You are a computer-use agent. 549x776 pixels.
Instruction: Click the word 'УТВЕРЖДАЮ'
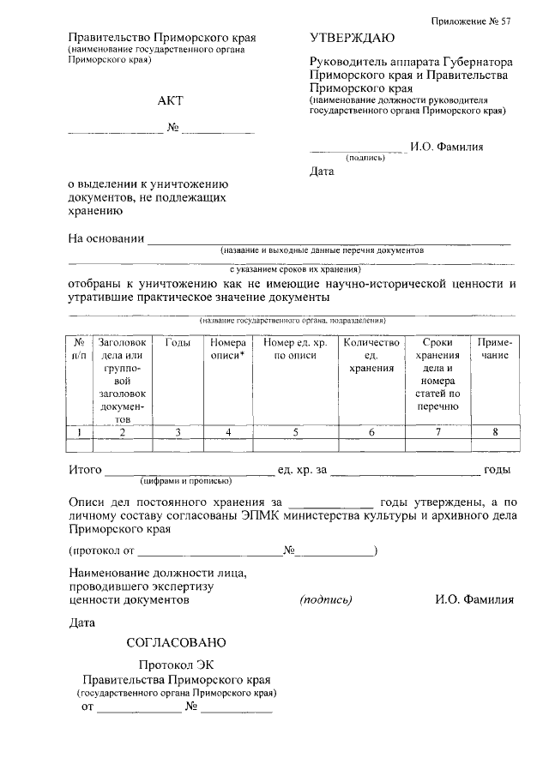352,39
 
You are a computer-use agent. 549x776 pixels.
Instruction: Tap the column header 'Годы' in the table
178,343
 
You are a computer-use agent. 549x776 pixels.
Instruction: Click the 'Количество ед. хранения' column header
371,355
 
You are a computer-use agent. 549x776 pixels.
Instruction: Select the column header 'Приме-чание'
495,349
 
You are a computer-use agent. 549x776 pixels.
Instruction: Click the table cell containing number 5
294,432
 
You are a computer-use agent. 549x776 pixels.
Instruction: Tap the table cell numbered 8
495,432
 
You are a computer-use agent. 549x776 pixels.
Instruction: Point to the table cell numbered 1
79,432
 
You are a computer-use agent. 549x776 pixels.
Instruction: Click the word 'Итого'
86,470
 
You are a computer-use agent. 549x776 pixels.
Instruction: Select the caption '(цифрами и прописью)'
190,482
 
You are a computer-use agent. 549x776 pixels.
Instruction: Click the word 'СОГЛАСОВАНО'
176,641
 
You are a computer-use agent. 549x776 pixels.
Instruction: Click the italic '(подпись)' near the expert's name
326,600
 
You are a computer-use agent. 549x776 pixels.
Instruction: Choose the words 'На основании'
106,238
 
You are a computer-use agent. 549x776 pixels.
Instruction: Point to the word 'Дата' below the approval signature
321,171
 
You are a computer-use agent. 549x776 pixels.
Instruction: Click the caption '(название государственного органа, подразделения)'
293,320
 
